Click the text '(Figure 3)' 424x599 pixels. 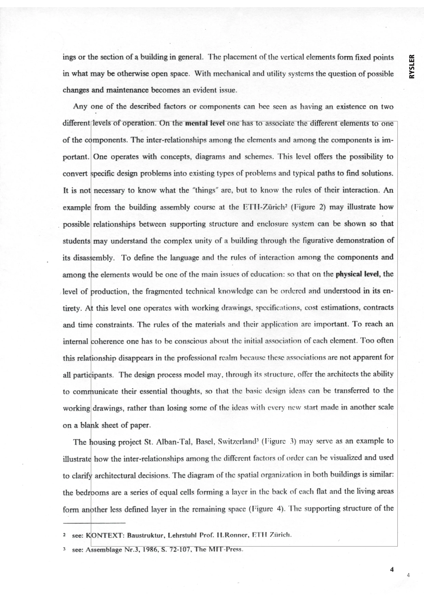279,441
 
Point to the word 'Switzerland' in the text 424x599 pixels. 237,441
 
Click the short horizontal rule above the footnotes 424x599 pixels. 94,523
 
